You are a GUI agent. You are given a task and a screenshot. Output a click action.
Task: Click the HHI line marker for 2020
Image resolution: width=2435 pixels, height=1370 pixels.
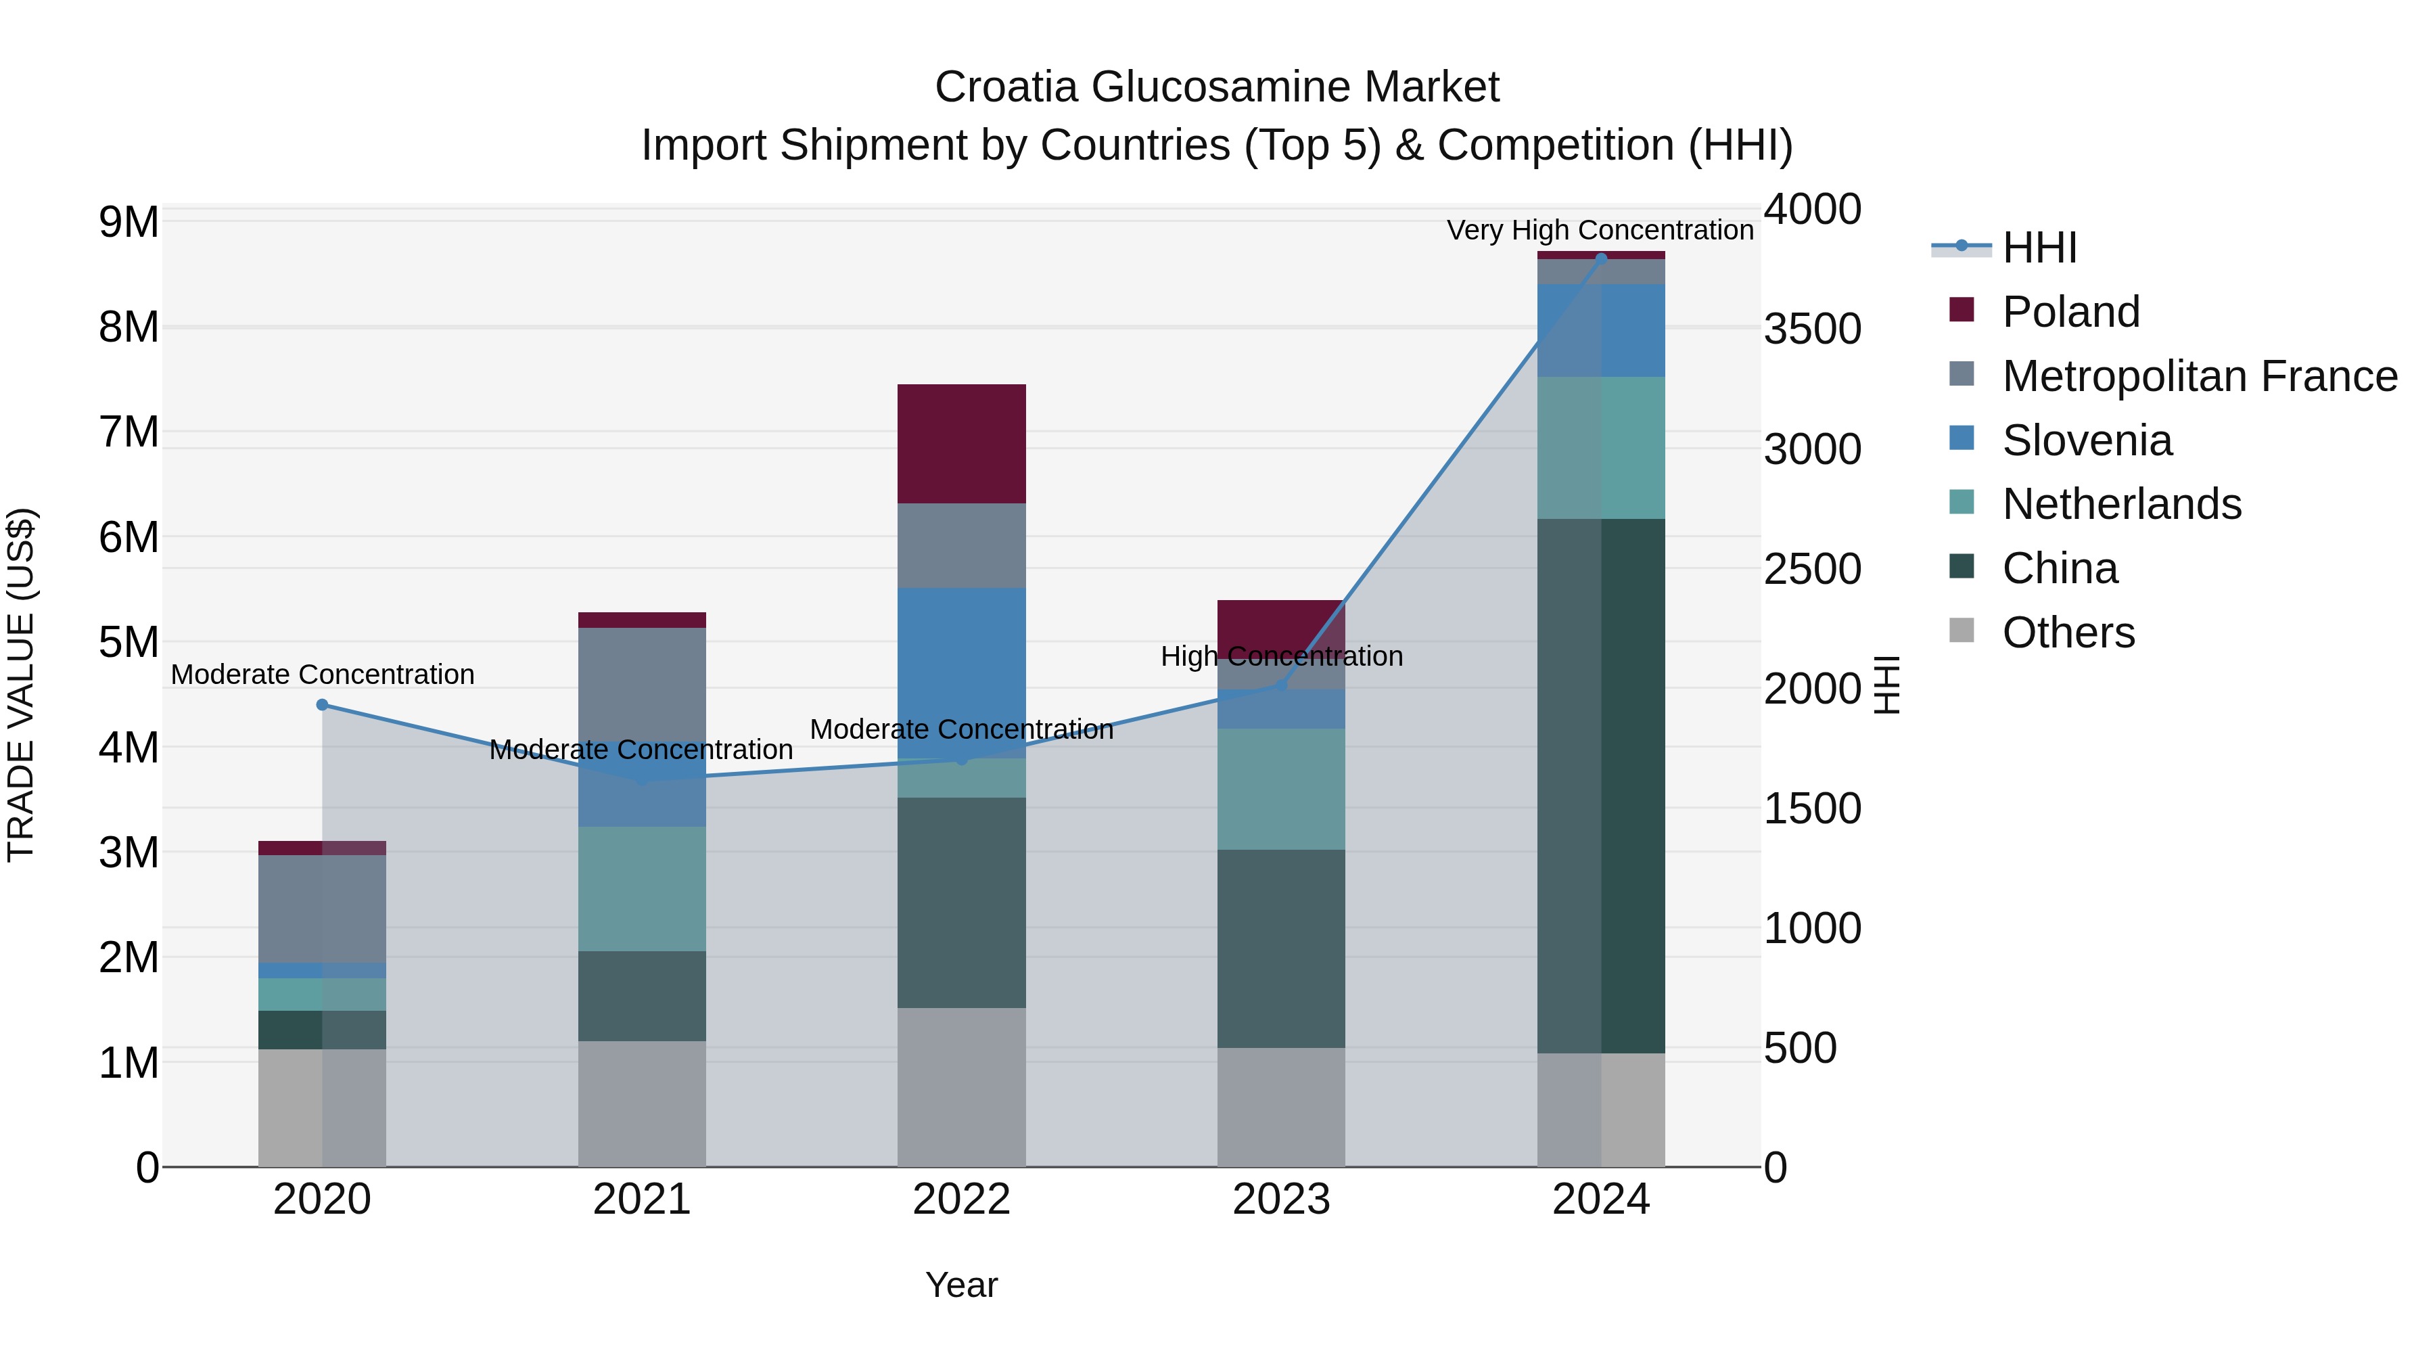pyautogui.click(x=323, y=704)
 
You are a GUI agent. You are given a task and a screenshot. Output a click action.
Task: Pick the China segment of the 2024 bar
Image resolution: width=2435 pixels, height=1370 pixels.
pyautogui.click(x=1601, y=785)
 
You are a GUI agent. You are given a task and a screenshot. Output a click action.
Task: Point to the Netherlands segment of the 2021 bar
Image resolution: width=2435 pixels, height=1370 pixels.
pyautogui.click(x=642, y=889)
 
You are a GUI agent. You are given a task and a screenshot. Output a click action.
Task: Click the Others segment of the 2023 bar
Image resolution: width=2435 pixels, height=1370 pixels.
pyautogui.click(x=1281, y=1106)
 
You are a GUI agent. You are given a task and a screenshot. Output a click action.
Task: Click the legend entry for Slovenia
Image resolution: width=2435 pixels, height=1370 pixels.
pyautogui.click(x=2086, y=440)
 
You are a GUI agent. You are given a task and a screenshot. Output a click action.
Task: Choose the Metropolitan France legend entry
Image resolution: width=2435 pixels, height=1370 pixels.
pyautogui.click(x=2199, y=376)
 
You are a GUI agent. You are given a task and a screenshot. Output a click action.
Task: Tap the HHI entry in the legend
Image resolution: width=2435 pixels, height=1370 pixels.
pyautogui.click(x=2039, y=248)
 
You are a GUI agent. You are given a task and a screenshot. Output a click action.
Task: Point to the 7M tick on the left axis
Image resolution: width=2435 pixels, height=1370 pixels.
pyautogui.click(x=129, y=432)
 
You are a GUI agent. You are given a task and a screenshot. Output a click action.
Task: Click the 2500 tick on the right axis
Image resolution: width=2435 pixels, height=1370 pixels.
pyautogui.click(x=1812, y=569)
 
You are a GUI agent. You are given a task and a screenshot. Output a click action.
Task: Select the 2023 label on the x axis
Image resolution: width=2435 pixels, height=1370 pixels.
pyautogui.click(x=1281, y=1200)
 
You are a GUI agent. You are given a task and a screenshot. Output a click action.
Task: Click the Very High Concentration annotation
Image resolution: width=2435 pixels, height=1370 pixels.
pyautogui.click(x=1600, y=230)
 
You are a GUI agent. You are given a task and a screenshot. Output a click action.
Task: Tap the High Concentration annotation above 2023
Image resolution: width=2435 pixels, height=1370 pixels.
pyautogui.click(x=1281, y=656)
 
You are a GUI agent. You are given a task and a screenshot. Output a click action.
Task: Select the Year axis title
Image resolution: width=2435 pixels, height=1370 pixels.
pyautogui.click(x=961, y=1285)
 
